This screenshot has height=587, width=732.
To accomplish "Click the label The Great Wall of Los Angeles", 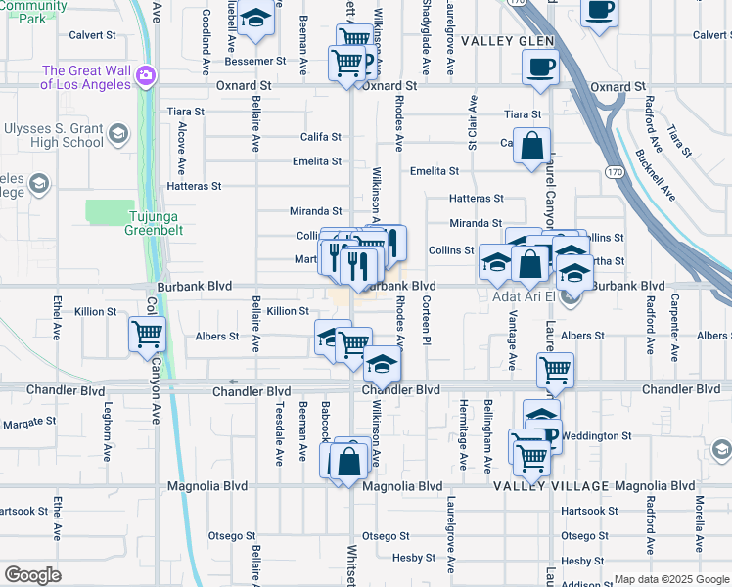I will click(x=86, y=77).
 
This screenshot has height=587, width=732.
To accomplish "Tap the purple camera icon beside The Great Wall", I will click(x=146, y=74).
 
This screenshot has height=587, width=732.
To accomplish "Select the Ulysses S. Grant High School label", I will click(x=55, y=135).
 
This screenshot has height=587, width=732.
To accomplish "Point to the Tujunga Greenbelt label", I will click(x=151, y=224).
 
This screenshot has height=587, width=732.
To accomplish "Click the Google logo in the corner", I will click(x=32, y=574).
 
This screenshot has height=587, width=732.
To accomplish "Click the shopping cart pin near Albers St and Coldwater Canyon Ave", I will click(x=147, y=335).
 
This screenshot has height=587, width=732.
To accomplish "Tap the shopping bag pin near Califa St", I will click(x=530, y=147).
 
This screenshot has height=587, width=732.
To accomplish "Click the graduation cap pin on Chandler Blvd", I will click(x=382, y=366).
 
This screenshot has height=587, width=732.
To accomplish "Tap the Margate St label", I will click(x=29, y=423).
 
